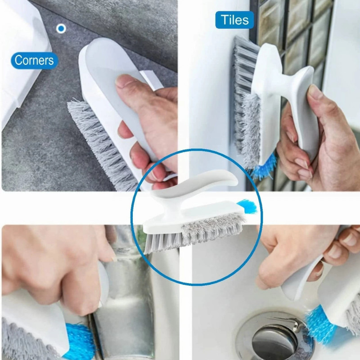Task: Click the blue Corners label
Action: (x=35, y=60)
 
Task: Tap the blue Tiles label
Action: (x=234, y=20)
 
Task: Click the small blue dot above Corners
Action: (x=61, y=28)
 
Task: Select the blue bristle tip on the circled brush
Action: (x=247, y=206)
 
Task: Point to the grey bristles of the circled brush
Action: (x=195, y=232)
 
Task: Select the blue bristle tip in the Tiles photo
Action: (x=264, y=166)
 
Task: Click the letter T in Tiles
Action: (x=224, y=19)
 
